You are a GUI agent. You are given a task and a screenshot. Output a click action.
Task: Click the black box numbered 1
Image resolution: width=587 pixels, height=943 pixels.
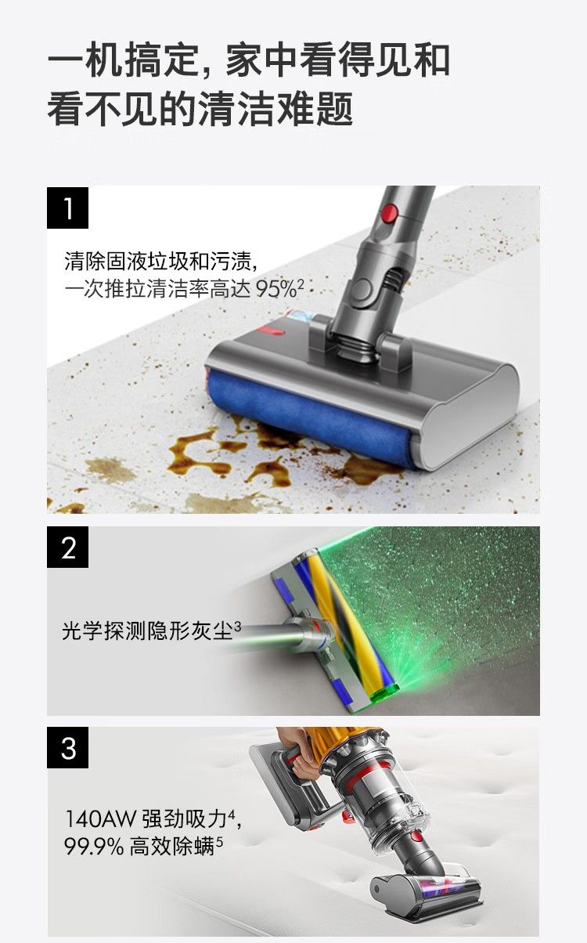pos(67,208)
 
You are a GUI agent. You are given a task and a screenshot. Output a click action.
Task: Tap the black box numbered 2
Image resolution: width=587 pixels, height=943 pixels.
pos(67,547)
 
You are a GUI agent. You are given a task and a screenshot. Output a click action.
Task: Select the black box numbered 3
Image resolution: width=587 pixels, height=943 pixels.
pos(67,747)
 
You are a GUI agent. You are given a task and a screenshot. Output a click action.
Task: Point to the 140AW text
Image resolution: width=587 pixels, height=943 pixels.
pos(101,818)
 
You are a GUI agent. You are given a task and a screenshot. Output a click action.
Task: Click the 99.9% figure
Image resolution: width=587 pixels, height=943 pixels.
pos(94,846)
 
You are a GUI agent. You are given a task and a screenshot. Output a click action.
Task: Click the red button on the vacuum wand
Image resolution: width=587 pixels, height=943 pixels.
pos(391,213)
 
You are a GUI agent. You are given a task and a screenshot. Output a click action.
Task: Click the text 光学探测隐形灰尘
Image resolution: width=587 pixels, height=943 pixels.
pos(147,630)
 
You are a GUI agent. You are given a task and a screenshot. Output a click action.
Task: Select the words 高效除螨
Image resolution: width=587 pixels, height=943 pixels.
pos(172,846)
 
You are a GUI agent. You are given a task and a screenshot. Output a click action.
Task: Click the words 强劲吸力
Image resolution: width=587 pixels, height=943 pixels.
pos(185,818)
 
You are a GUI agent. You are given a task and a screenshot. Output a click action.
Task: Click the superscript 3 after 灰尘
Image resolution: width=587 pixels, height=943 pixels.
pos(237,627)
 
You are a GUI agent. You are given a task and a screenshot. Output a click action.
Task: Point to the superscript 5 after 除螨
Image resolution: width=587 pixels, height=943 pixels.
pos(219,842)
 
